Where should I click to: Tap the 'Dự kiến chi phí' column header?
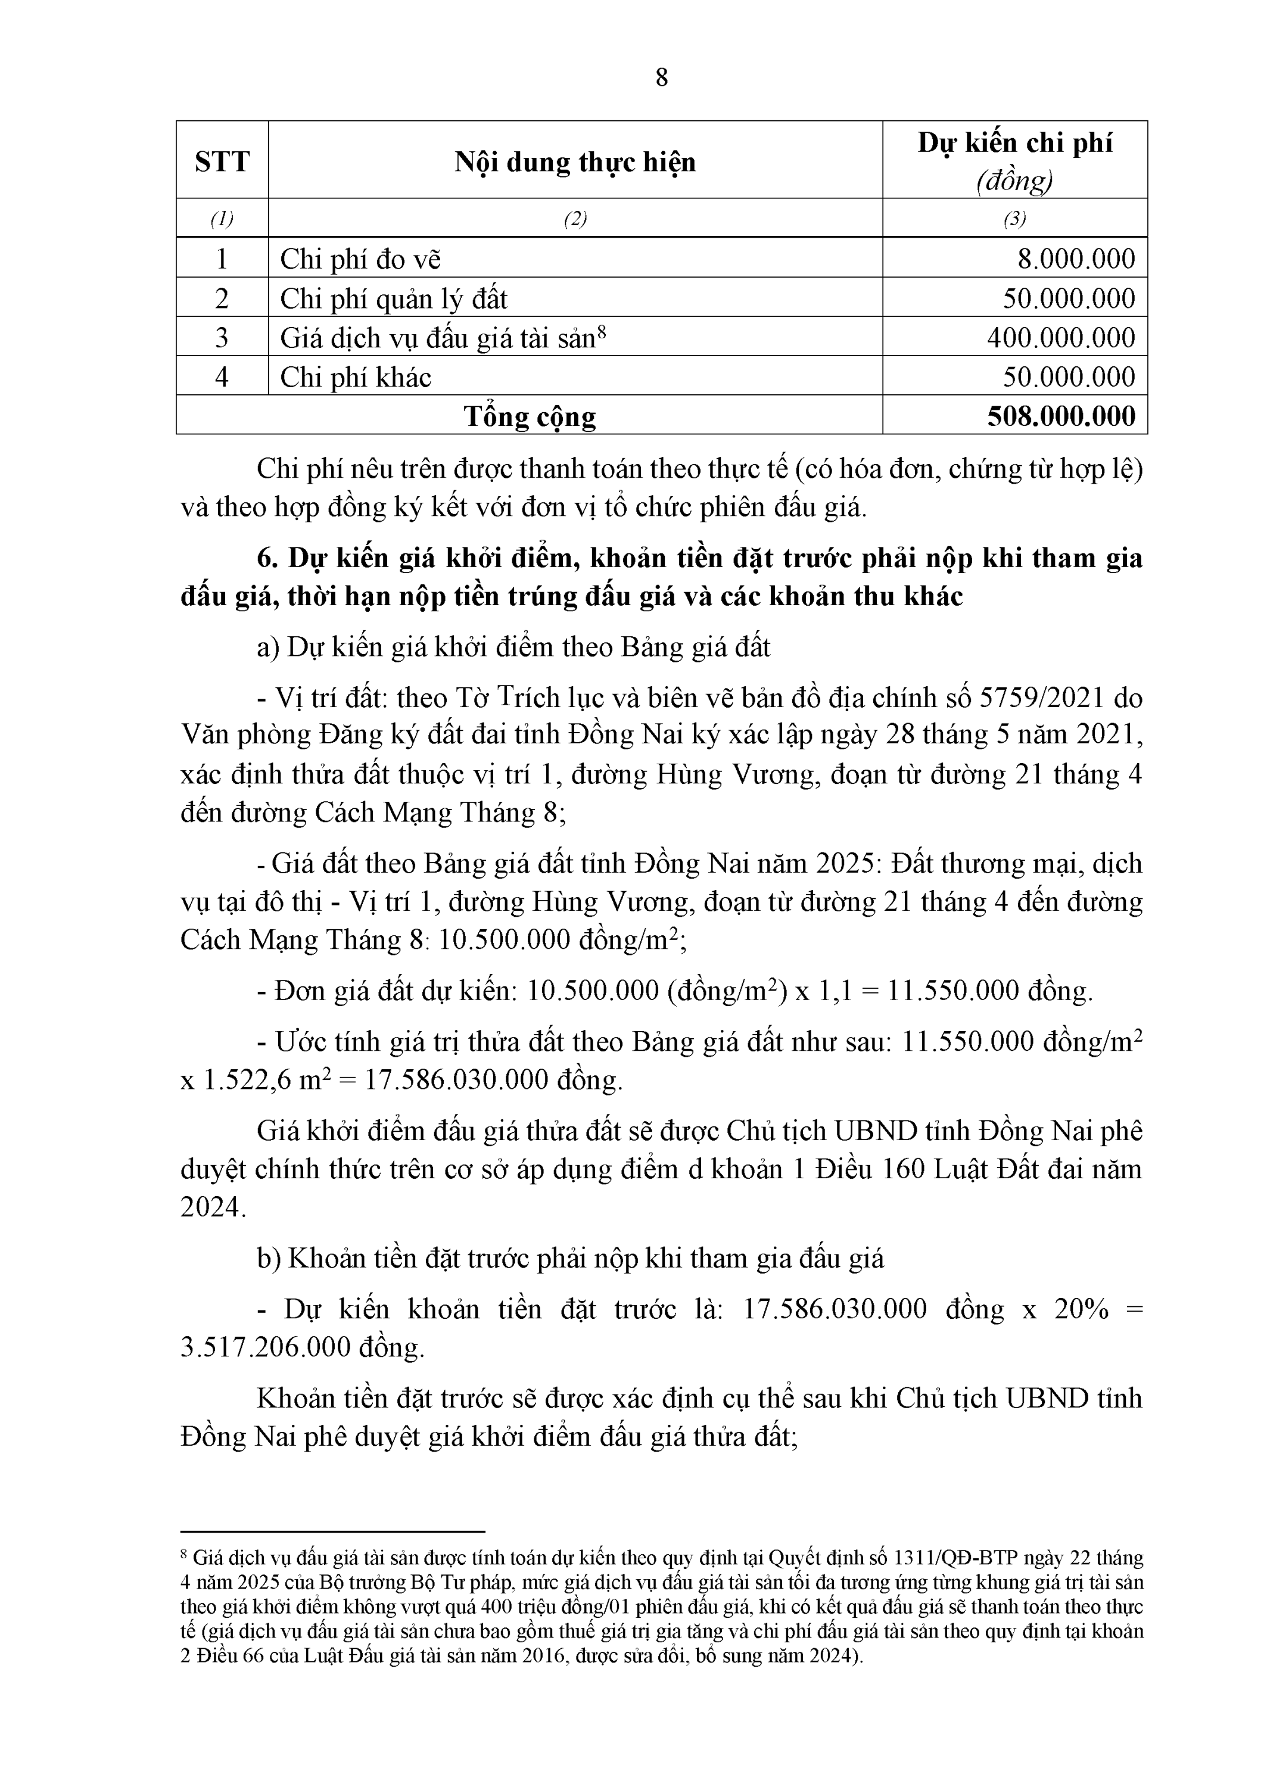click(x=1014, y=143)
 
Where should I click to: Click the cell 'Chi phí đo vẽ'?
click(x=360, y=259)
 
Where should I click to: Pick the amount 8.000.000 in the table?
click(x=1076, y=259)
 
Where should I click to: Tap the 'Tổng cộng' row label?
click(x=530, y=416)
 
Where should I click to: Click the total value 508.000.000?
click(x=1061, y=416)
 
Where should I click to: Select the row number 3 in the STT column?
click(x=222, y=337)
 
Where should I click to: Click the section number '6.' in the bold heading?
click(x=267, y=558)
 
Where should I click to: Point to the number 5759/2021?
click(x=1041, y=698)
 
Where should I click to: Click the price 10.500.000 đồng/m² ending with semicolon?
click(x=561, y=939)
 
